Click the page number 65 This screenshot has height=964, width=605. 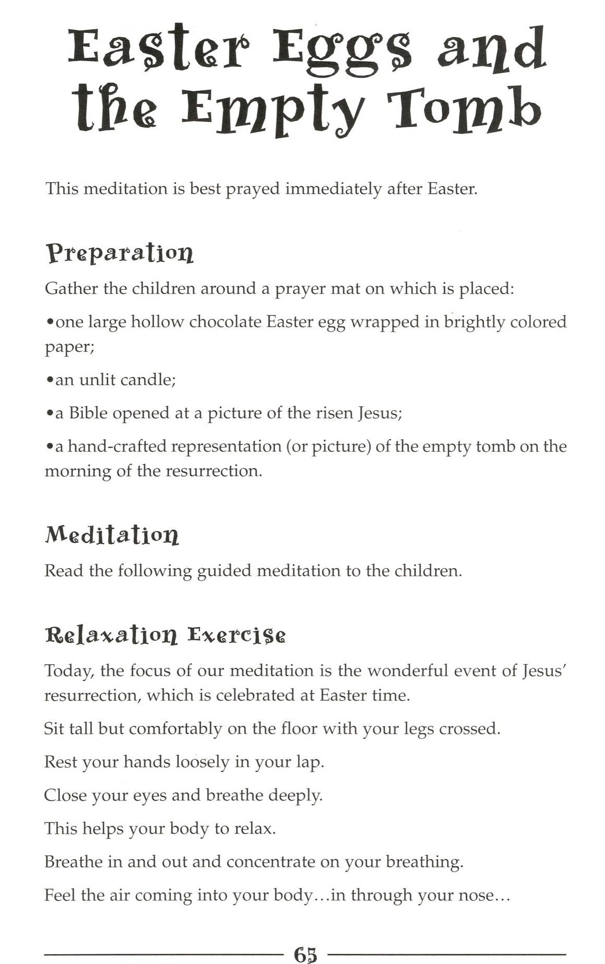[306, 954]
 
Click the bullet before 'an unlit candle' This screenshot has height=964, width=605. [49, 380]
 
